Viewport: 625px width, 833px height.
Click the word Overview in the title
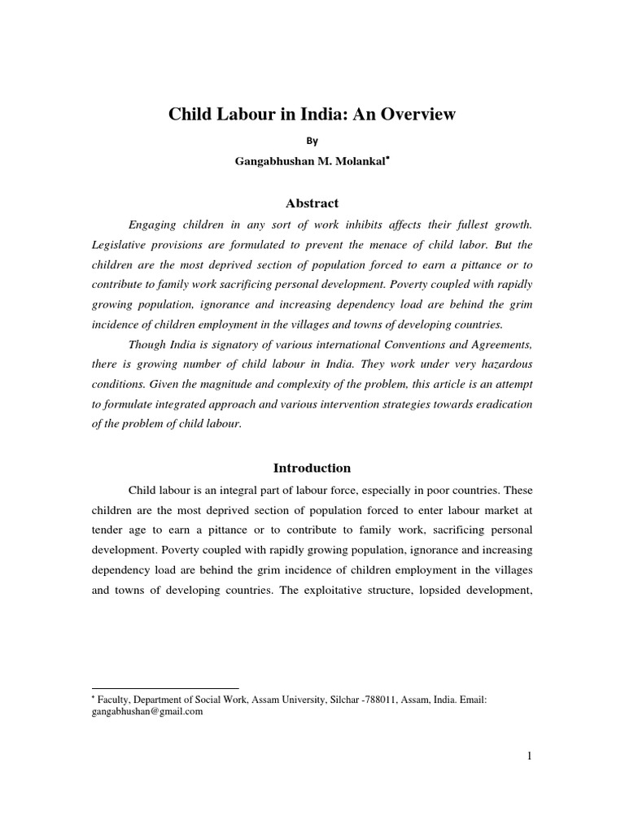pos(416,115)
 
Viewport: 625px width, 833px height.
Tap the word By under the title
pos(312,140)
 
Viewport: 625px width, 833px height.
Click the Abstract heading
pos(312,203)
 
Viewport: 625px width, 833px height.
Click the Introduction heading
pos(312,468)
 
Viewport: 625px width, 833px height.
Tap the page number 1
pos(529,757)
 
